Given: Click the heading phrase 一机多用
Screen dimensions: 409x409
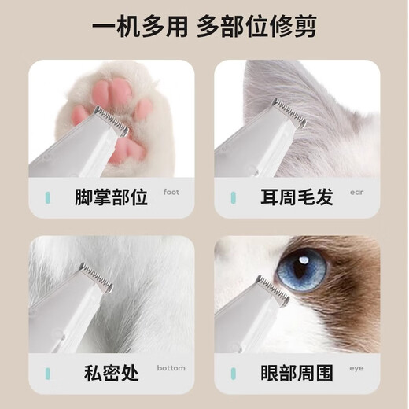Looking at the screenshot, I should pyautogui.click(x=140, y=29).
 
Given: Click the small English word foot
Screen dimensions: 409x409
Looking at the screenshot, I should pyautogui.click(x=171, y=191).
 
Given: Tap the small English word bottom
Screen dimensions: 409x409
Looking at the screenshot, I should pyautogui.click(x=171, y=367).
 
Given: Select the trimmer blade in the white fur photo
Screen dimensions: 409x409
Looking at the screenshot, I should pyautogui.click(x=95, y=275).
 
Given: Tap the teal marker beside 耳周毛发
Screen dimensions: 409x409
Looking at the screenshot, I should pyautogui.click(x=233, y=197).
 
